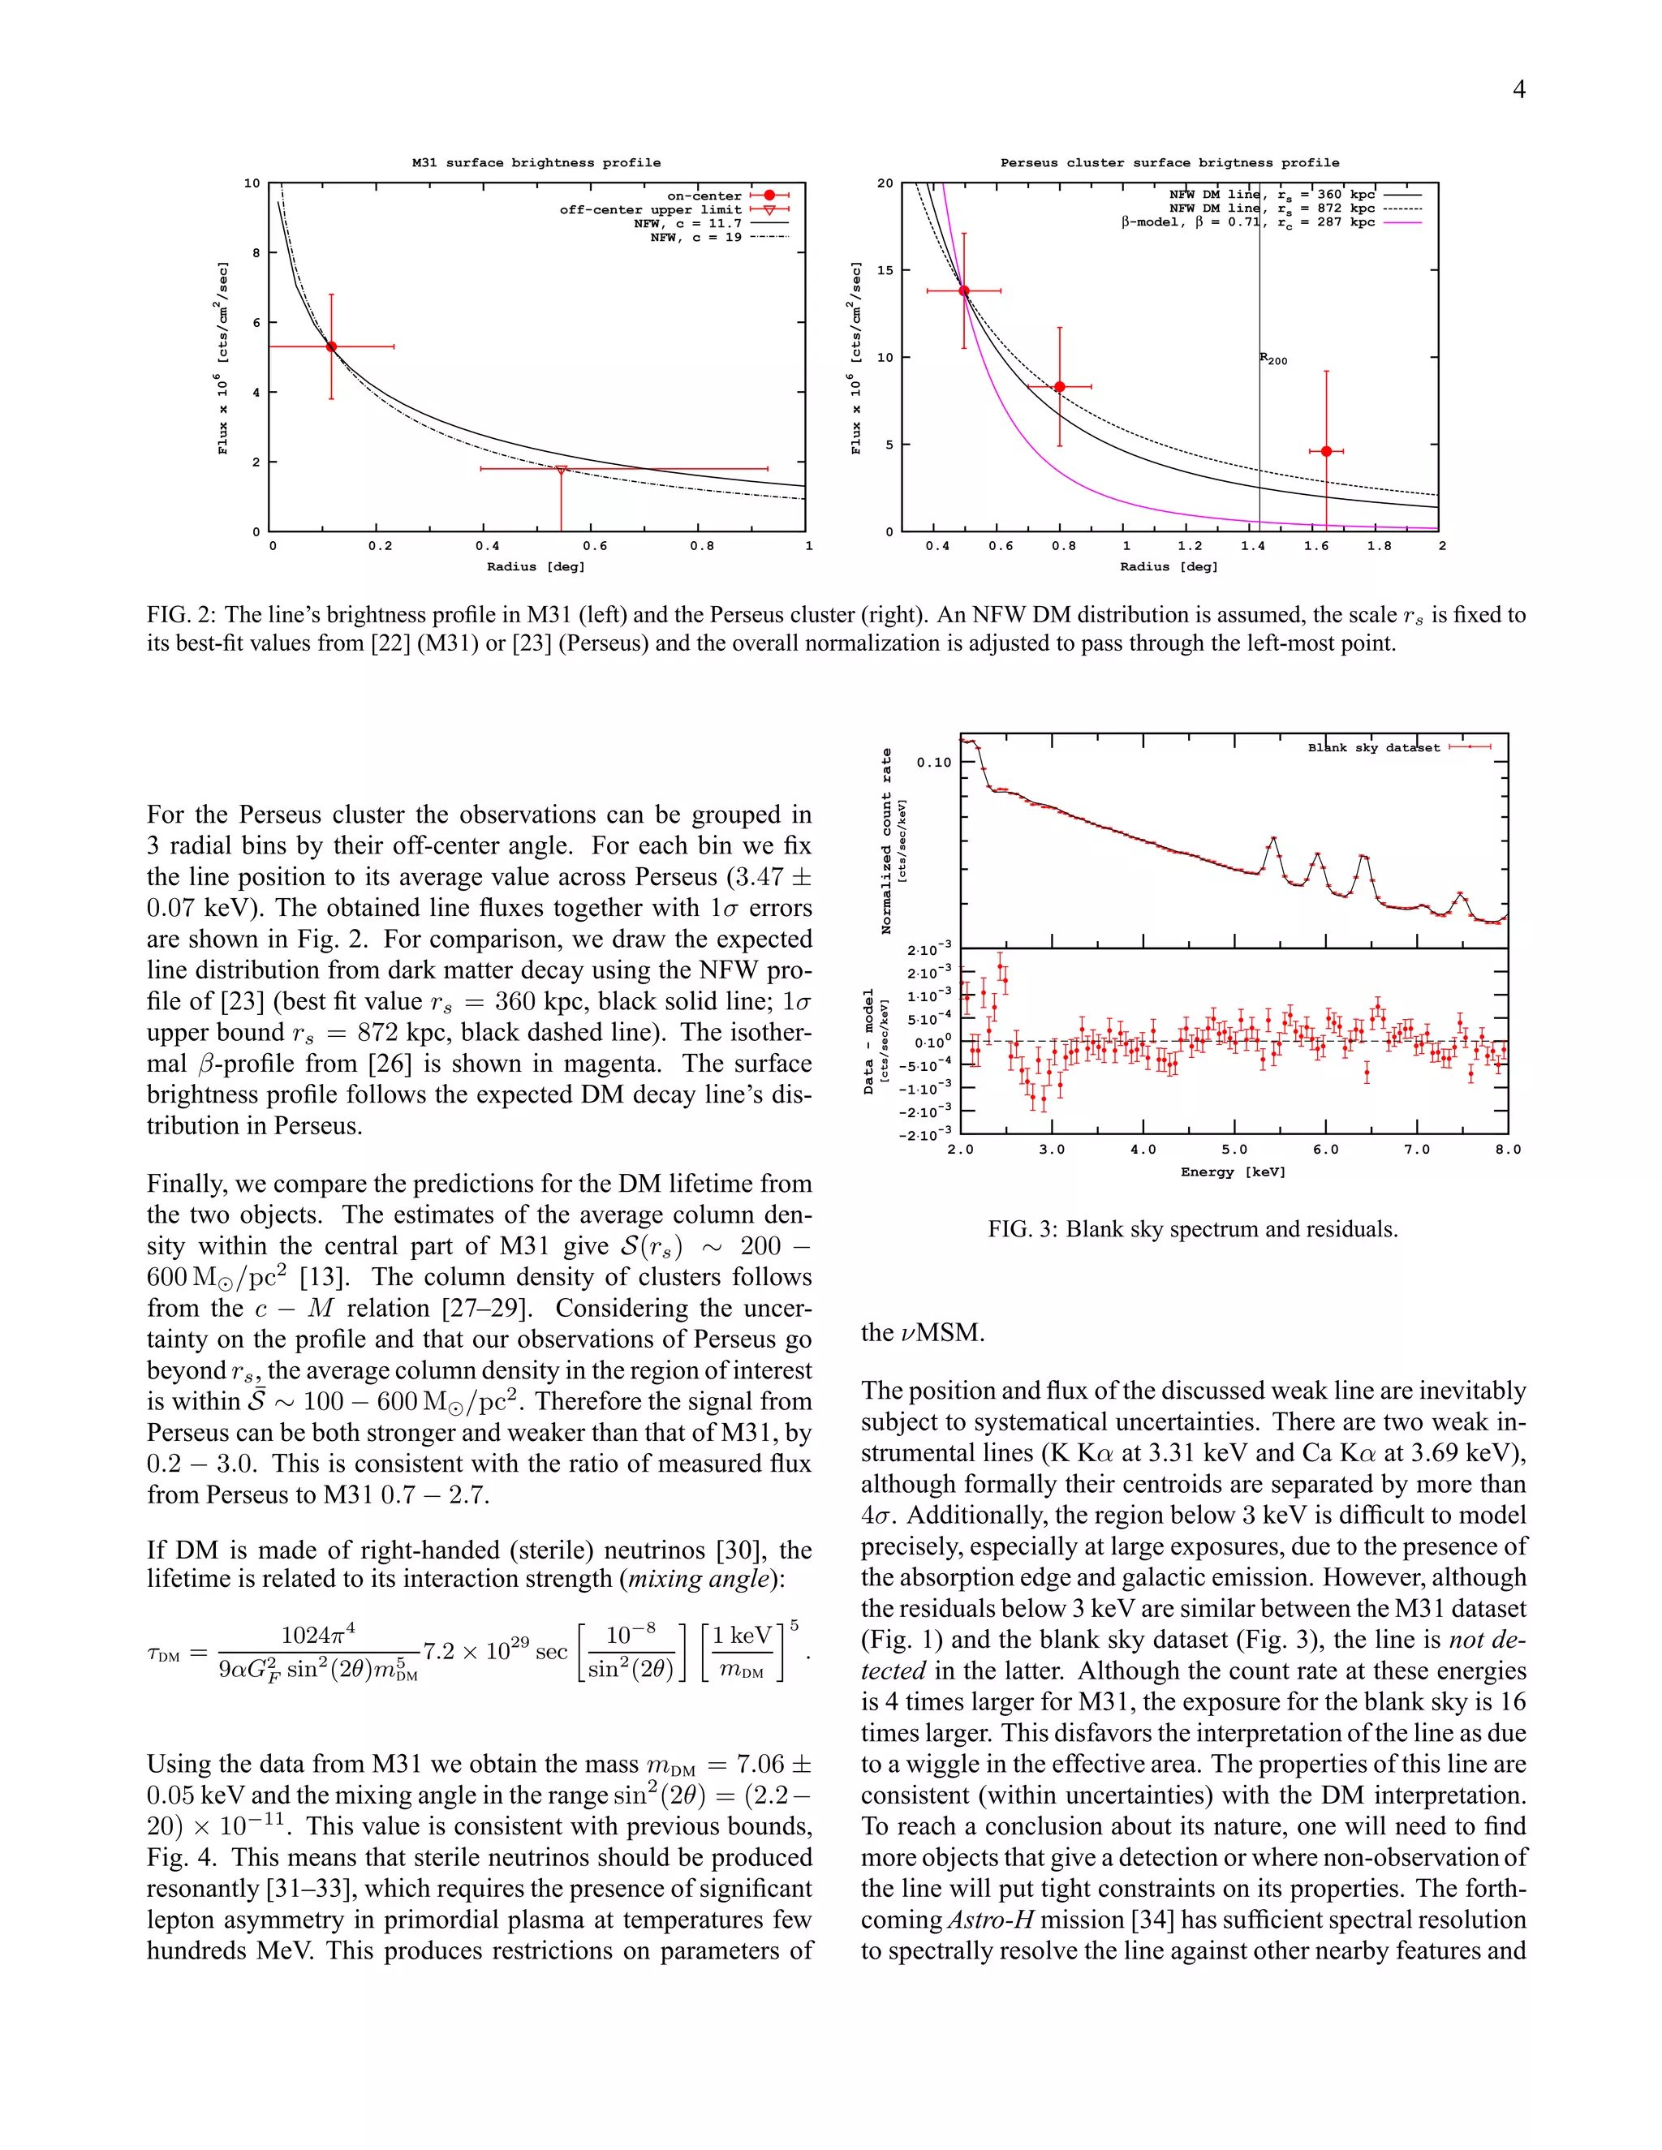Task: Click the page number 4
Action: tap(1518, 89)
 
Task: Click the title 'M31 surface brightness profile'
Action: tap(536, 162)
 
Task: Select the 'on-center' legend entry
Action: tap(704, 196)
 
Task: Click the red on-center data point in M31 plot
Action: tap(332, 346)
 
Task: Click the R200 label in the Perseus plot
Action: tap(1273, 359)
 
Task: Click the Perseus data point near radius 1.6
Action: tap(1326, 451)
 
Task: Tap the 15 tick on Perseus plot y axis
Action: tap(885, 269)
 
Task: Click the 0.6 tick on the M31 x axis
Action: tap(595, 545)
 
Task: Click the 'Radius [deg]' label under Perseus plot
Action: tap(1169, 566)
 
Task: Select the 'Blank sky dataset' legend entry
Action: tap(1374, 747)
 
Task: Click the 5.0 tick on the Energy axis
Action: tap(1234, 1149)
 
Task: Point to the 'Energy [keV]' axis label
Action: tap(1233, 1172)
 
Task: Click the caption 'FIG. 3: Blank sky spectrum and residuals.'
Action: tap(1192, 1228)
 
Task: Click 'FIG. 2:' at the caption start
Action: tap(181, 615)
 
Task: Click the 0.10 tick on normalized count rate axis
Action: tap(933, 762)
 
